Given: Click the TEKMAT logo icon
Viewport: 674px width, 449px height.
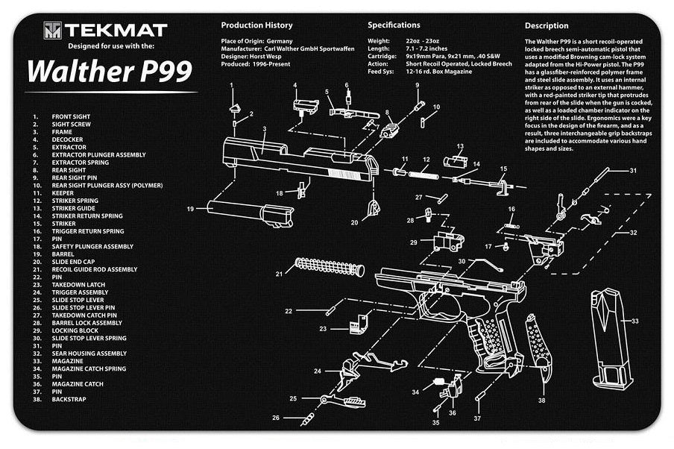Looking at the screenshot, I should pyautogui.click(x=52, y=31).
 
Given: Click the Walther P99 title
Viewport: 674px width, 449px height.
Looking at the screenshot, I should pyautogui.click(x=109, y=71).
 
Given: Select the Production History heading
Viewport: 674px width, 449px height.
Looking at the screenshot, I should pyautogui.click(x=256, y=25).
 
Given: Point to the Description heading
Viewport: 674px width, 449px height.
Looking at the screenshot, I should pyautogui.click(x=547, y=25).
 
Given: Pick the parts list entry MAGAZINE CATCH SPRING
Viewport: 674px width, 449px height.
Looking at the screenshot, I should pyautogui.click(x=89, y=368).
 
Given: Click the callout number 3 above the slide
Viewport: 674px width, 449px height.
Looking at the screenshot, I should pyautogui.click(x=265, y=129).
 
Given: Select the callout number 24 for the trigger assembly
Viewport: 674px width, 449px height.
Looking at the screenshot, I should pyautogui.click(x=318, y=371).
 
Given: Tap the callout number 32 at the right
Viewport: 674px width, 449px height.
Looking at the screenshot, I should pyautogui.click(x=633, y=233).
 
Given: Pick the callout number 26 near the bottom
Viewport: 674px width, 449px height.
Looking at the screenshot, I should pyautogui.click(x=276, y=418).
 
